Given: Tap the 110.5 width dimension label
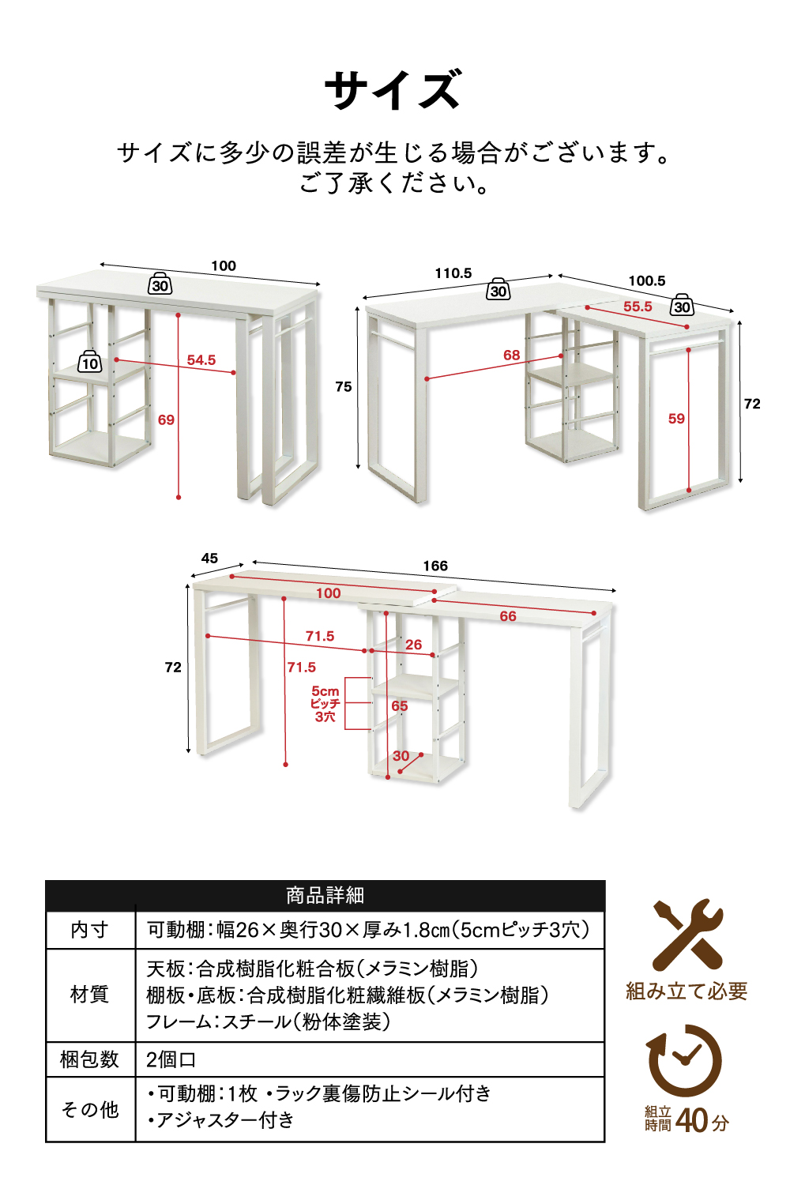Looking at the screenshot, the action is pos(453,273).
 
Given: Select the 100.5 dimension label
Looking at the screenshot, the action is pos(646,281).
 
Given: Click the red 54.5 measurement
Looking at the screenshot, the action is pos(201,360).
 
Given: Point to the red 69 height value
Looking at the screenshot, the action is pos(166,419).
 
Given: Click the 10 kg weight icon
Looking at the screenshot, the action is pos(90,361).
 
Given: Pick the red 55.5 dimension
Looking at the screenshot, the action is pos(638,307).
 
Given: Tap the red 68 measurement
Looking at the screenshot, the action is pos(511,355).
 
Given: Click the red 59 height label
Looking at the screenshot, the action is pos(676,419).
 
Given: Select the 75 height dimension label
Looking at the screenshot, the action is pos(344,387).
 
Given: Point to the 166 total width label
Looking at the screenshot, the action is pos(435,566).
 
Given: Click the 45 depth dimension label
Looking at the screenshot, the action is pos(209,558).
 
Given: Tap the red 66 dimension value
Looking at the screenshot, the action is pos(508,615).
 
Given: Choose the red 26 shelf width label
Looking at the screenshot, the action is pos(413,645).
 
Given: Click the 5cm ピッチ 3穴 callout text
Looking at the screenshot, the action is pos(325,704).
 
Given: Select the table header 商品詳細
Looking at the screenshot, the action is pos(325,896).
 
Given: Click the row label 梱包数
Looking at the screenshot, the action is pos(89,1059).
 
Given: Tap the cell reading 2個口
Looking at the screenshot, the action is pos(171,1059).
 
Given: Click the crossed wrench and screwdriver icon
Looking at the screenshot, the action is pos(687,935).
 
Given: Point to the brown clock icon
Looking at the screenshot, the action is pos(684,1060).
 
